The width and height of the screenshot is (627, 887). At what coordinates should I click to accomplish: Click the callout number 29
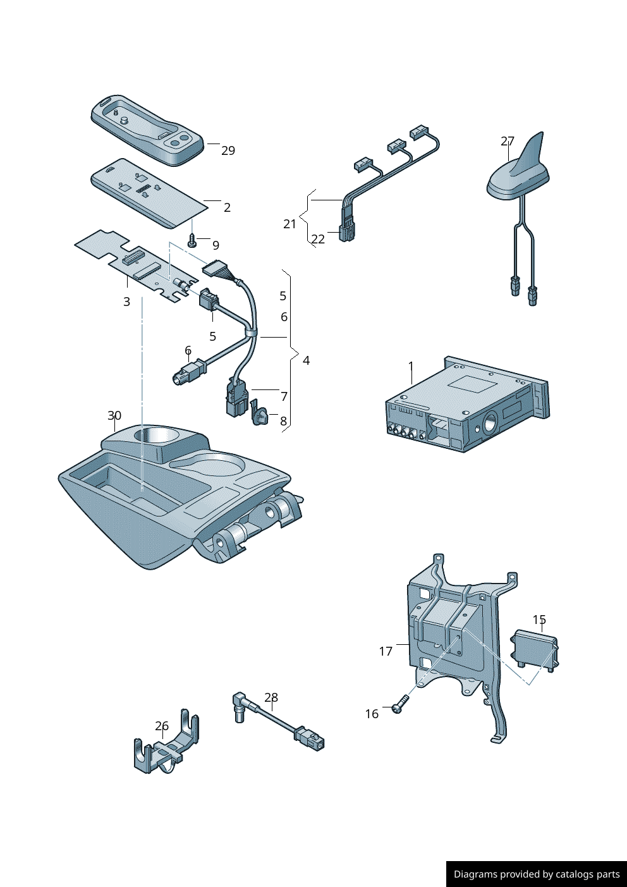click(x=228, y=150)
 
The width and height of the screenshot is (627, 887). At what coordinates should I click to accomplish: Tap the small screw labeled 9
click(x=192, y=241)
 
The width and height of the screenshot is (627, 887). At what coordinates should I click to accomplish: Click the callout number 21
click(x=289, y=224)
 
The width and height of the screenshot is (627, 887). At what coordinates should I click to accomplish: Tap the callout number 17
click(x=386, y=651)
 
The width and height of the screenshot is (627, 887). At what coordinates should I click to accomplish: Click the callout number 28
click(x=271, y=697)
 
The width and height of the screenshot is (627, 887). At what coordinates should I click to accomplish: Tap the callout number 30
click(x=114, y=415)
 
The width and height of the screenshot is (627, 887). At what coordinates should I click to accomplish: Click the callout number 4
click(x=306, y=360)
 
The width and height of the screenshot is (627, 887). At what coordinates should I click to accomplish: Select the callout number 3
click(x=126, y=302)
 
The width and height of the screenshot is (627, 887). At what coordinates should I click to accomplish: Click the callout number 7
click(x=284, y=396)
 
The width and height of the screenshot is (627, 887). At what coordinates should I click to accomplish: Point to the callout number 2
click(x=227, y=207)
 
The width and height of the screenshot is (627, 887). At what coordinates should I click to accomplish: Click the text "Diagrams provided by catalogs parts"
click(x=537, y=874)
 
